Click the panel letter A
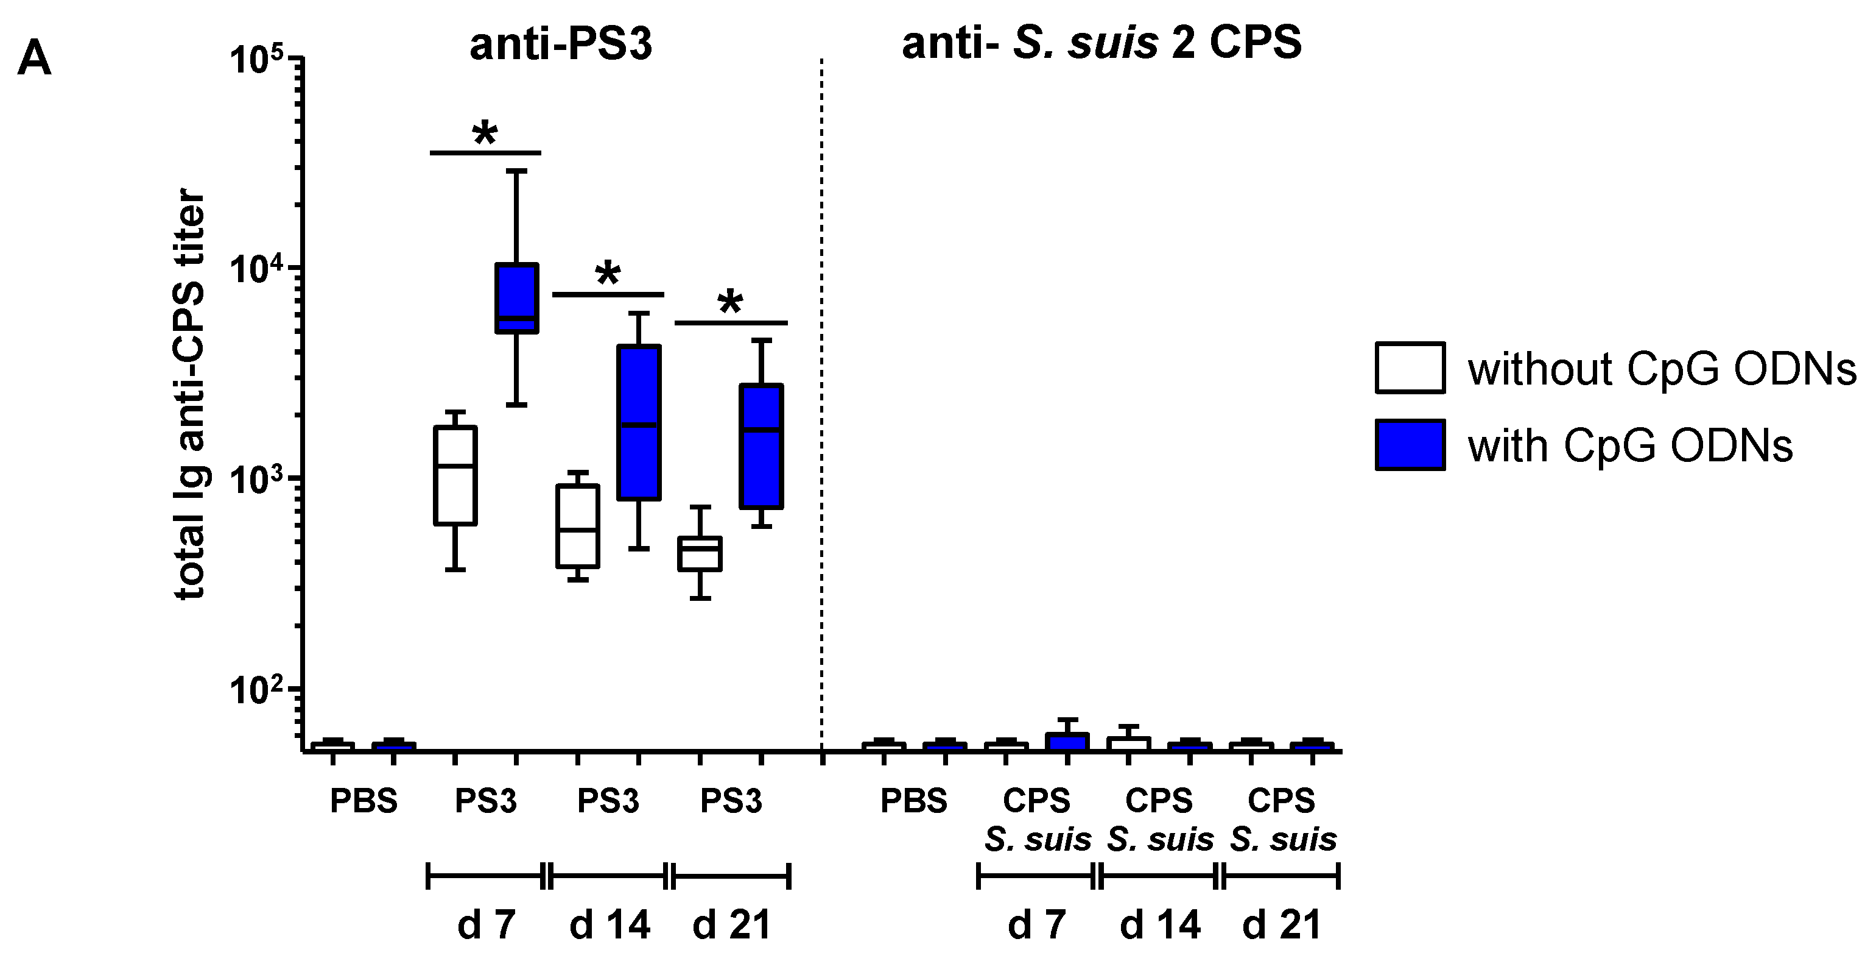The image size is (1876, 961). coord(34,59)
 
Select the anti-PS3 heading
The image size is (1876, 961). coord(560,44)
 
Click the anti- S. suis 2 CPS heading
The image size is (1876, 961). coord(1101,43)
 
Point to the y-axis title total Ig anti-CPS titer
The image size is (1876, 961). coord(190,394)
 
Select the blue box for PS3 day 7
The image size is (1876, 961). coord(516,298)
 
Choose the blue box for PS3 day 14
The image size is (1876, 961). coord(639,422)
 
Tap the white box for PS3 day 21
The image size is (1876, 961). coord(700,554)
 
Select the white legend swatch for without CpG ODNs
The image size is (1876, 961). coord(1410,368)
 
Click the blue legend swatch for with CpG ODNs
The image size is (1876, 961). coord(1410,444)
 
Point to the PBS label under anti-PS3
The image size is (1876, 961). coord(364,801)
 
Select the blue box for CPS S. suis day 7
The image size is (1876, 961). coord(1067,741)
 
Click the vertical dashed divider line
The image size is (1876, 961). coord(822,401)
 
